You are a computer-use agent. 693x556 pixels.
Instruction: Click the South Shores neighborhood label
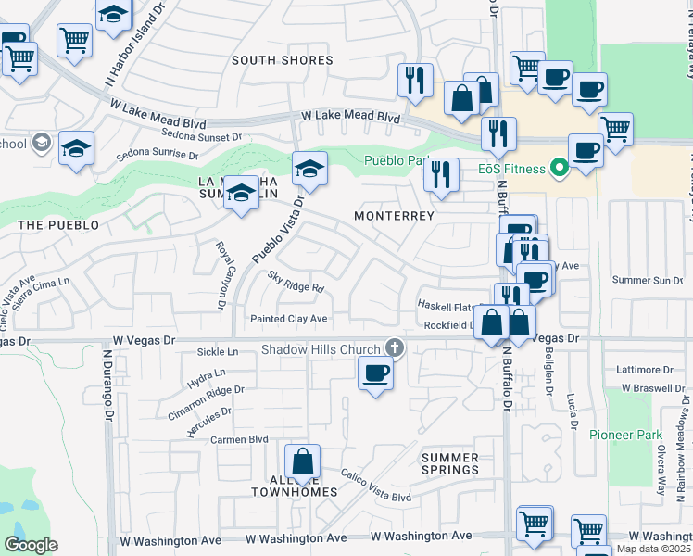(x=282, y=60)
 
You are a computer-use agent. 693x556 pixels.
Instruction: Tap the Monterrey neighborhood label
(x=394, y=215)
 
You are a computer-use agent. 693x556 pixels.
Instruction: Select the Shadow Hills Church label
(x=321, y=349)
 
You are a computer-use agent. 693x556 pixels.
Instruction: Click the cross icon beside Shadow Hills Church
(x=395, y=348)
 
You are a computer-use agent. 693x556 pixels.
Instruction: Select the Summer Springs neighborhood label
(x=450, y=463)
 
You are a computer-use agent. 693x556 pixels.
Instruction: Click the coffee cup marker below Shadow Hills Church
(x=375, y=373)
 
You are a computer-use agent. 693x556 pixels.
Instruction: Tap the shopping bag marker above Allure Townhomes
(x=302, y=461)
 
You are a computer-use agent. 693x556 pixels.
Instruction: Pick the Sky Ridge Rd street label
(x=295, y=282)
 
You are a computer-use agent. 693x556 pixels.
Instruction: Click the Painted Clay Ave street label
(x=289, y=319)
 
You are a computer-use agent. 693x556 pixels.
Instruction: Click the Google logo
(x=31, y=545)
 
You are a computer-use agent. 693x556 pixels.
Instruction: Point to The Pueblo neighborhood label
(x=57, y=225)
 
